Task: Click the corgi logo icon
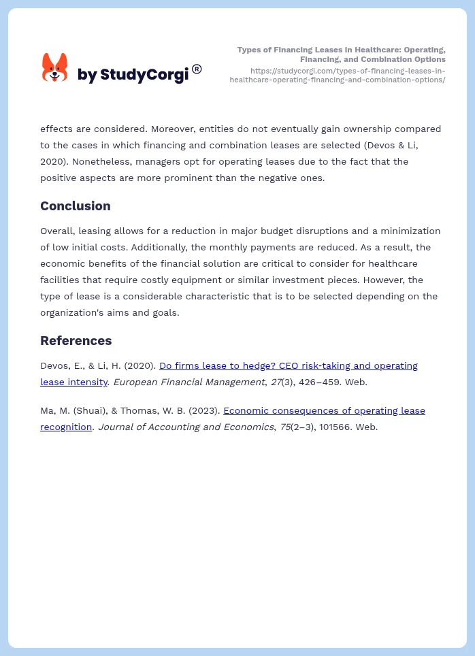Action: (x=55, y=67)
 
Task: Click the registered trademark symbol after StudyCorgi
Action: (x=197, y=69)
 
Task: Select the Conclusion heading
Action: (x=75, y=206)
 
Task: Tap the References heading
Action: (x=76, y=341)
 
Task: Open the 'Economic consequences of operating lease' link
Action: (x=324, y=410)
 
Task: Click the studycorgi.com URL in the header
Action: (x=338, y=75)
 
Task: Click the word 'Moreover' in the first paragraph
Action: (x=175, y=129)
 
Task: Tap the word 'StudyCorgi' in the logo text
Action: (x=144, y=75)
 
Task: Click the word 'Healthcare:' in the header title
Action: (x=367, y=50)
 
